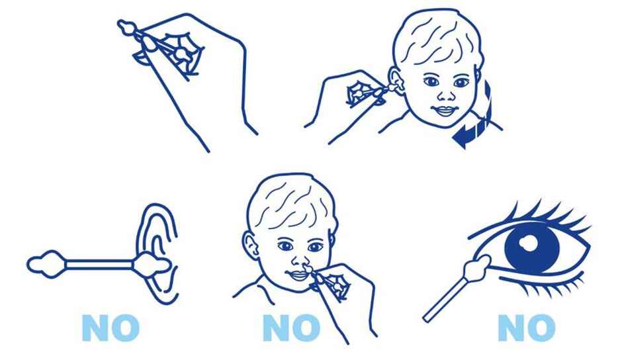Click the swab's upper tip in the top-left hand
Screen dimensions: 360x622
pyautogui.click(x=125, y=27)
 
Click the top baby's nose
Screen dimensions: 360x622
pyautogui.click(x=441, y=93)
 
